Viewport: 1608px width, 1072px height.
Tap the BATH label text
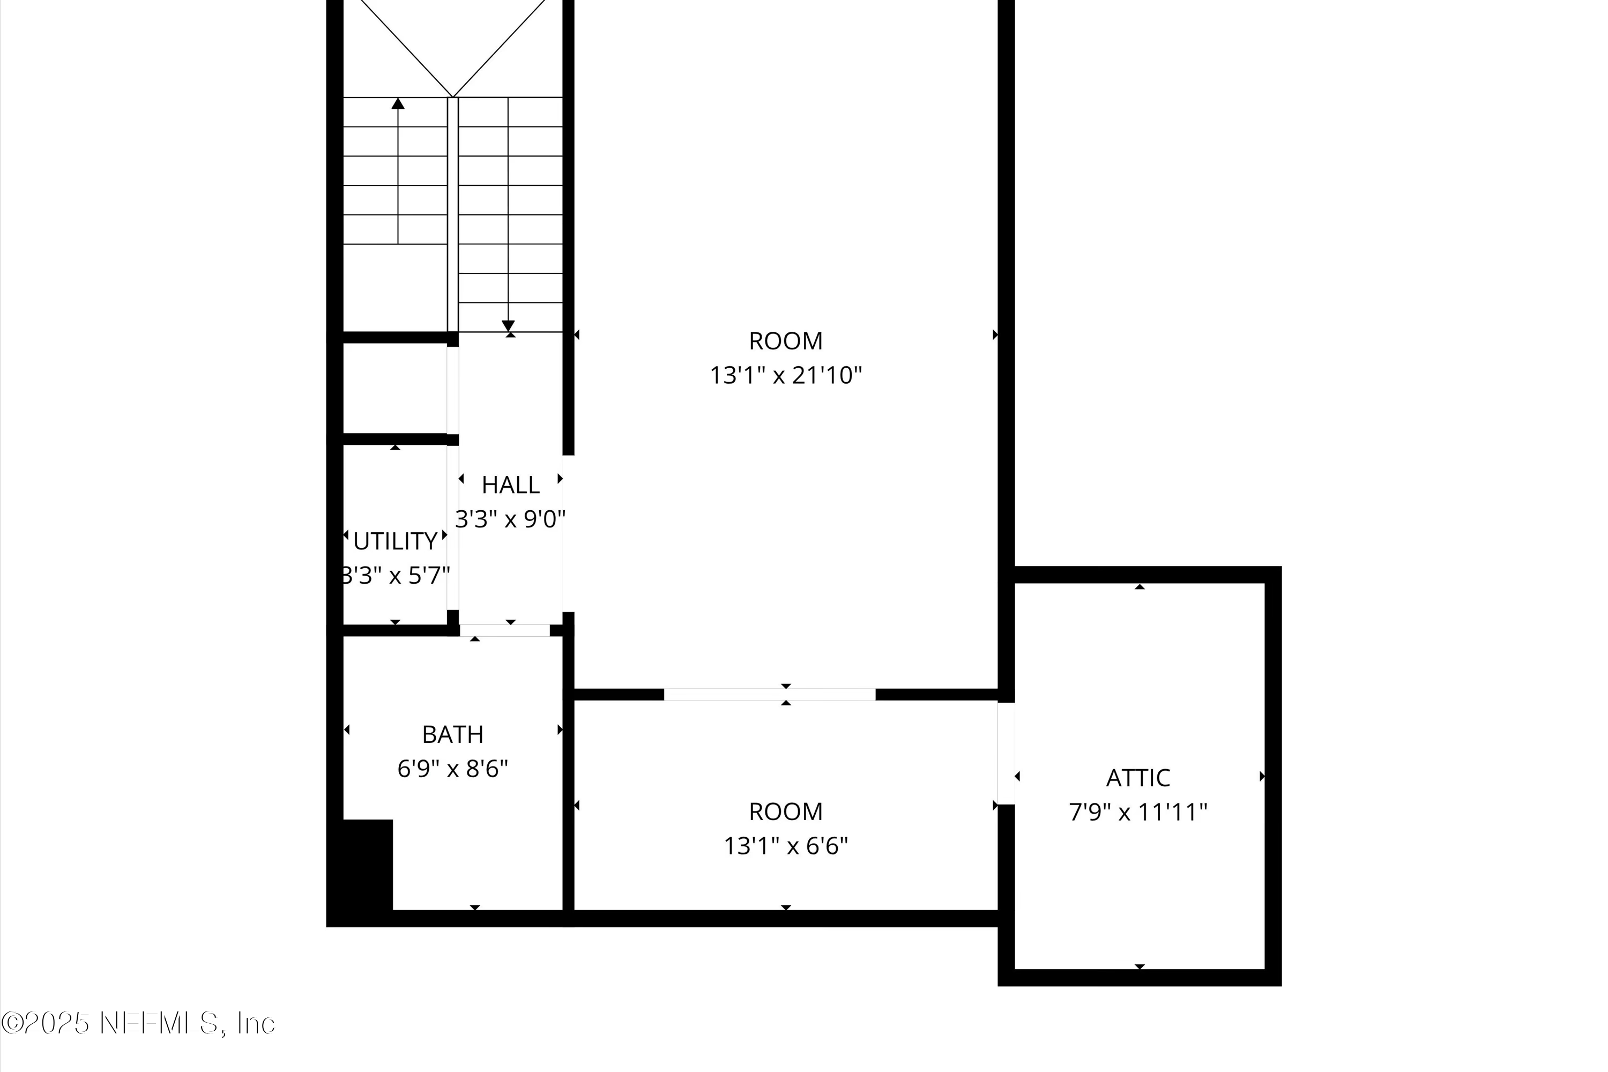tap(452, 734)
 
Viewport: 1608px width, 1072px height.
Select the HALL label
tap(511, 485)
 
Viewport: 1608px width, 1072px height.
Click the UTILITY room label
tap(395, 541)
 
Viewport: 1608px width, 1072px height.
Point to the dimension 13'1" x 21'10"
tap(786, 375)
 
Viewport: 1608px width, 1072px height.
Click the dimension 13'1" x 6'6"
tap(786, 846)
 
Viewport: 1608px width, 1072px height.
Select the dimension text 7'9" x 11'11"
tap(1137, 812)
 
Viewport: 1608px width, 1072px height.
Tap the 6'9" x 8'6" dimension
tap(452, 769)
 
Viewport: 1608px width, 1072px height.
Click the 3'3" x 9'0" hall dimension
tap(511, 519)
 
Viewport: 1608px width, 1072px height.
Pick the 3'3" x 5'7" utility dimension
tap(395, 576)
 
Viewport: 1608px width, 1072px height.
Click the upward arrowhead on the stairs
tap(398, 103)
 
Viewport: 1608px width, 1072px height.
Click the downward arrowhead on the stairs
tap(508, 325)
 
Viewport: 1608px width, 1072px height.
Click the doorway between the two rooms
tap(769, 695)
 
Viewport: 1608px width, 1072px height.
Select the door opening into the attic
tap(1006, 754)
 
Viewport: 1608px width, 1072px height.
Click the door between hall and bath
tap(504, 630)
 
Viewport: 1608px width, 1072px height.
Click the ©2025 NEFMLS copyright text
tap(138, 1023)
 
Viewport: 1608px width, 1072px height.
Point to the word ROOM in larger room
tap(786, 340)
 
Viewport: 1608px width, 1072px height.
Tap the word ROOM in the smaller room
tap(786, 812)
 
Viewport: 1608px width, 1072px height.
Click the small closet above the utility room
tap(394, 388)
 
